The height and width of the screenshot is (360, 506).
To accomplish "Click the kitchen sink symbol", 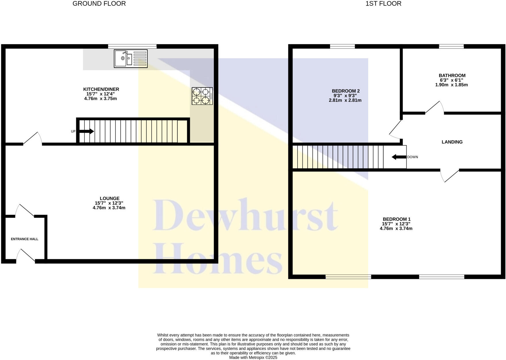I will pos(131,59).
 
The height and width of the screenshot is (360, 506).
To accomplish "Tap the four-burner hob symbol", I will pos(202,96).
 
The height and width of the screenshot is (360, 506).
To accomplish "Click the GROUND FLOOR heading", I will pos(99,4).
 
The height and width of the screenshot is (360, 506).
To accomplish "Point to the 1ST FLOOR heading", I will pos(383,4).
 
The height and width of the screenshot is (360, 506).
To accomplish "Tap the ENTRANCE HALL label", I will pos(24,239).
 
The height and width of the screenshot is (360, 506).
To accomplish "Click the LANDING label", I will pos(452,142).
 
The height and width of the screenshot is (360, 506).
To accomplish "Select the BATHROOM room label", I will pos(452,76).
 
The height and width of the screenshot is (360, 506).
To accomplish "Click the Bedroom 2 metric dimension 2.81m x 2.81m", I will pos(345,100).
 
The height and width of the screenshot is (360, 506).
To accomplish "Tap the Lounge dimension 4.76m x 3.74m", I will pos(109,208).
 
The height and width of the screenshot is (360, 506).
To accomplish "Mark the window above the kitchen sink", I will pos(132,46).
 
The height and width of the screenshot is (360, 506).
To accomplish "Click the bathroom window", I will pos(451,46).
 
